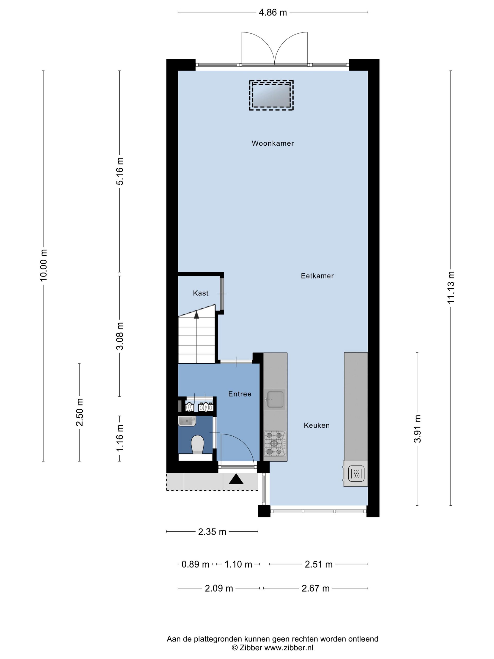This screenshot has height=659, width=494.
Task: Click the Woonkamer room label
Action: click(272, 143)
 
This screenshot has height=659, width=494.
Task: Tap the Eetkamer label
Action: click(317, 276)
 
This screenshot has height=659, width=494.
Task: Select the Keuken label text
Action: click(316, 426)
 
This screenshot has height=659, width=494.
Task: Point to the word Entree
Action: click(240, 394)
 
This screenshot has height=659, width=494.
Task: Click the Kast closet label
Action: click(200, 293)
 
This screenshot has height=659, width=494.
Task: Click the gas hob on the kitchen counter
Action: click(275, 444)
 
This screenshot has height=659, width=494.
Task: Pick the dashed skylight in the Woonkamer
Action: click(271, 95)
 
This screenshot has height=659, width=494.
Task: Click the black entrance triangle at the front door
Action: click(236, 479)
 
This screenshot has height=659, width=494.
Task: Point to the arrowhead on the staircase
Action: click(197, 315)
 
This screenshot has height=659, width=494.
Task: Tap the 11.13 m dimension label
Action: click(451, 287)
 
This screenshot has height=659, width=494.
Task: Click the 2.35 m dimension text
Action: click(212, 532)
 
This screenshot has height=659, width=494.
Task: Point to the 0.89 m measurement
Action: click(195, 564)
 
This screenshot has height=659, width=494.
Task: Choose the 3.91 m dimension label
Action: click(418, 429)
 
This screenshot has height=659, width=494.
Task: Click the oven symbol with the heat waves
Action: click(356, 473)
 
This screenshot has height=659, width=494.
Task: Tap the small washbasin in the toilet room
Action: click(187, 421)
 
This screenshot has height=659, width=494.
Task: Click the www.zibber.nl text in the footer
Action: click(289, 647)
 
